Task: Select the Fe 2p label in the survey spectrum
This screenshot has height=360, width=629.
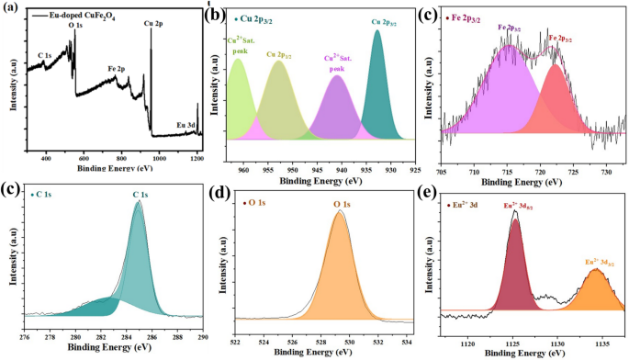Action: point(118,68)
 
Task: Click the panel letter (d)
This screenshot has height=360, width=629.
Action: point(243,191)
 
